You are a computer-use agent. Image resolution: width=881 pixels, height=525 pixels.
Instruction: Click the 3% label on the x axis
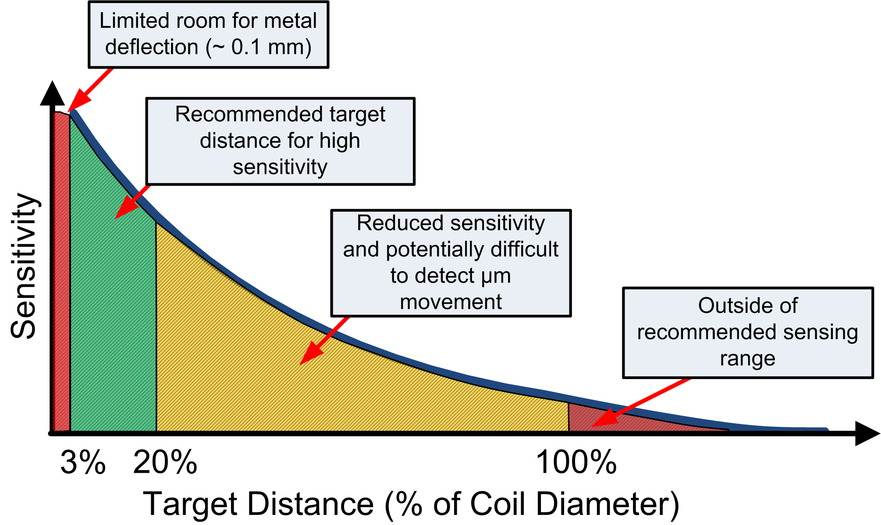click(83, 463)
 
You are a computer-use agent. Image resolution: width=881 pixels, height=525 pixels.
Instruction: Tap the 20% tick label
click(165, 463)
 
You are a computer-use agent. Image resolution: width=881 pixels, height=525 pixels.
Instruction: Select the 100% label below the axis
click(576, 463)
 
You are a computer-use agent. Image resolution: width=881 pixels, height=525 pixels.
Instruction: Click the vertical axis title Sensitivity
click(24, 266)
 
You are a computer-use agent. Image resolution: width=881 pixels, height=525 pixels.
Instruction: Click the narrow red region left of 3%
click(61, 272)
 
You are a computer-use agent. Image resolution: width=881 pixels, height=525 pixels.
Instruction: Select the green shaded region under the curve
click(112, 307)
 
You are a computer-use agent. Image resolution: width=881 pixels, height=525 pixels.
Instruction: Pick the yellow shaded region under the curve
click(307, 386)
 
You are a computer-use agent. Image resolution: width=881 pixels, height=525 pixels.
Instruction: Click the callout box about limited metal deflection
click(208, 34)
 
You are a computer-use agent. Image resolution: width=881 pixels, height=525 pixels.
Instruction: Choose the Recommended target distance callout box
click(280, 141)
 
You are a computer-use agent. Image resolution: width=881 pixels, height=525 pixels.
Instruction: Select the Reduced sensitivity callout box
click(451, 262)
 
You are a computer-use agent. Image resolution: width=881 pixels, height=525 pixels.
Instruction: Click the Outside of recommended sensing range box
click(748, 332)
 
